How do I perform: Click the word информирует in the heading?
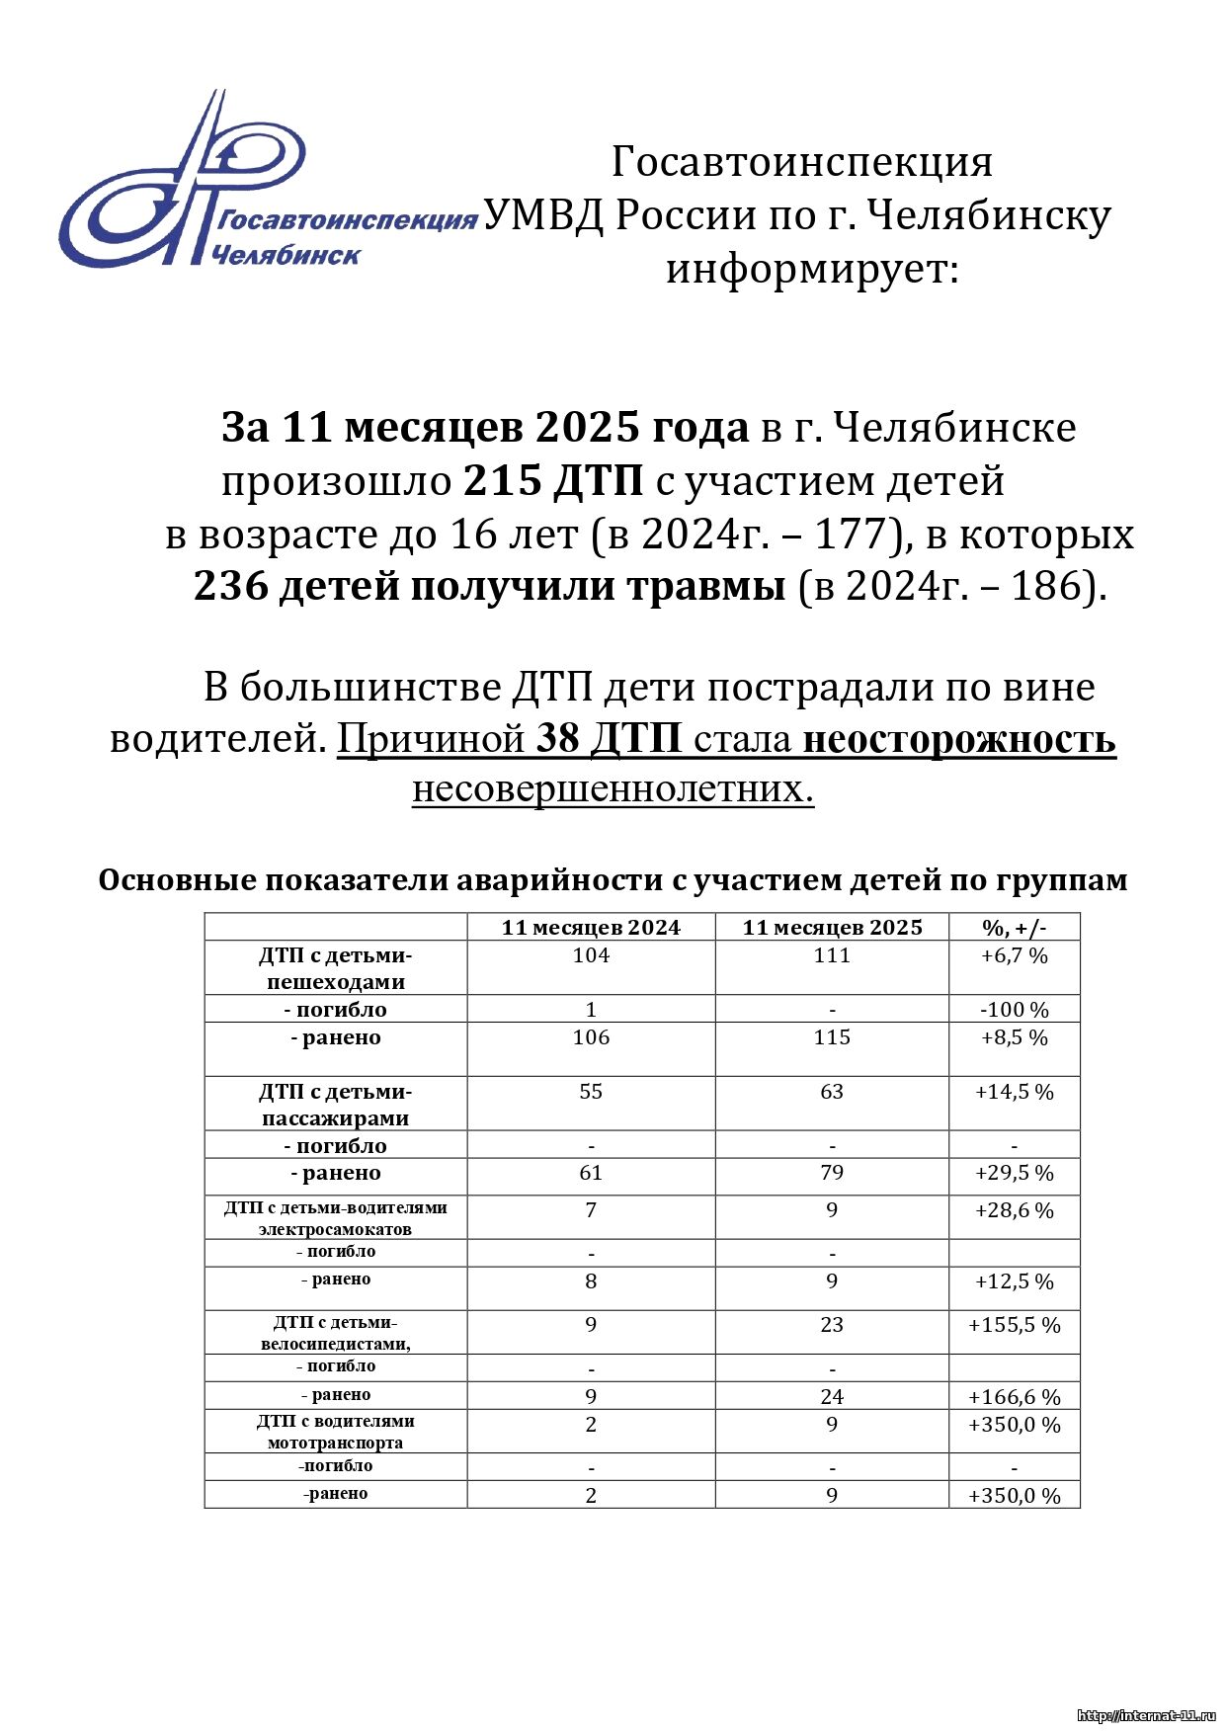tap(812, 269)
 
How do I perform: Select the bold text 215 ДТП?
tap(553, 481)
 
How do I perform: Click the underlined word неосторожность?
tap(959, 739)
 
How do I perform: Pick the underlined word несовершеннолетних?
tap(613, 789)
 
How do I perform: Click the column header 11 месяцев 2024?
tap(591, 927)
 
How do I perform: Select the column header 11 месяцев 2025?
tap(832, 927)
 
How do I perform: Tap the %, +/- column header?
tap(1014, 927)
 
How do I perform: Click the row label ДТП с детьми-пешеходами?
tap(336, 968)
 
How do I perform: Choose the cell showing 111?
tap(832, 955)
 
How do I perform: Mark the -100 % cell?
tap(1014, 1010)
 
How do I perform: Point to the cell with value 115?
tap(832, 1037)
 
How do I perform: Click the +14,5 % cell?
tap(1014, 1092)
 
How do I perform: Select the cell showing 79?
tap(832, 1173)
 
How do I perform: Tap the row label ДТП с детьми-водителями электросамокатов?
tap(336, 1218)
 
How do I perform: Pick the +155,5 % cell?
tap(1014, 1325)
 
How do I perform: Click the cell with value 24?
tap(832, 1396)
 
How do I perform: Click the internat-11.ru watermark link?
tap(1146, 1716)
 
